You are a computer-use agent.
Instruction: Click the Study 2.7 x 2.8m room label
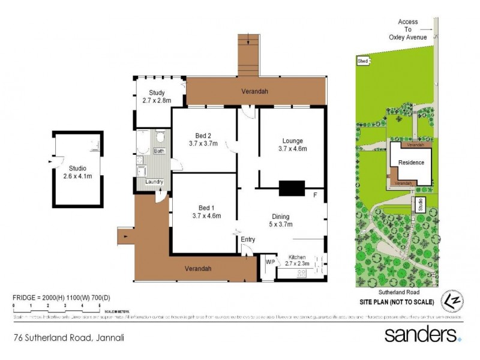[x=157, y=97]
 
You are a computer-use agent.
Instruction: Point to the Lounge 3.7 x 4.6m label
[x=292, y=145]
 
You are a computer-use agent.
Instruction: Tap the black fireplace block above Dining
[x=292, y=188]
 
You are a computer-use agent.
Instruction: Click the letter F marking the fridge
[x=315, y=195]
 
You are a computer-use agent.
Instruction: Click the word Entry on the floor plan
[x=248, y=239]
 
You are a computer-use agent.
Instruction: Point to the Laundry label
[x=155, y=181]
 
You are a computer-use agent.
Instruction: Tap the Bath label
[x=159, y=151]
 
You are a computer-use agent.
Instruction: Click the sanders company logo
[x=422, y=334]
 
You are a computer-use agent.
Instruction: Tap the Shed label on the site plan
[x=362, y=61]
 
